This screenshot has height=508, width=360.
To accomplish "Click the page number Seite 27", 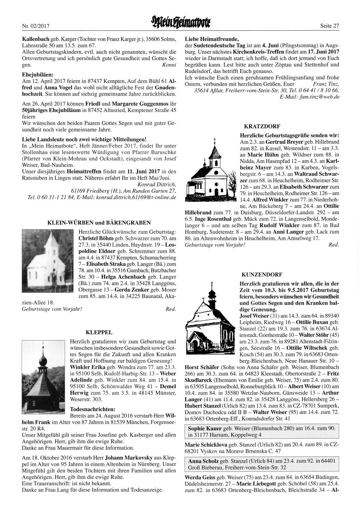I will tap(329, 26).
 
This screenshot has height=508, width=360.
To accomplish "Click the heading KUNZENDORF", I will tap(262, 274).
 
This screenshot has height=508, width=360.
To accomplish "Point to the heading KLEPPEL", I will tap(99, 332).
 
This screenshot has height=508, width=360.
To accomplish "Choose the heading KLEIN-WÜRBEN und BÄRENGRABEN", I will tap(99, 223).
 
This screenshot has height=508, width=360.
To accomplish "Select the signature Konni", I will tap(169, 65).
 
